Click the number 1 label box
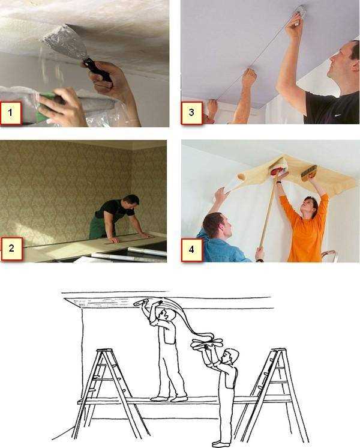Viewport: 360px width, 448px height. (x=11, y=113)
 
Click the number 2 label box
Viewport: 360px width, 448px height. (x=12, y=249)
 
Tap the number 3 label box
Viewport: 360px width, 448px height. (x=191, y=112)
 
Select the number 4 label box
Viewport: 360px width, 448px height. (x=192, y=250)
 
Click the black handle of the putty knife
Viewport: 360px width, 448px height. (x=97, y=71)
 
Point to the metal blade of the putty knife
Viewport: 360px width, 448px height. (x=65, y=41)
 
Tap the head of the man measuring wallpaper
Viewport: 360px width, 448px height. (x=131, y=202)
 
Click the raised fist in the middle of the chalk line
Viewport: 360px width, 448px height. (x=249, y=76)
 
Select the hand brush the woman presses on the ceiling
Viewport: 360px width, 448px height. (x=308, y=172)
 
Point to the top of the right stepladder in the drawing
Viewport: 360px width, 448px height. (x=278, y=350)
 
